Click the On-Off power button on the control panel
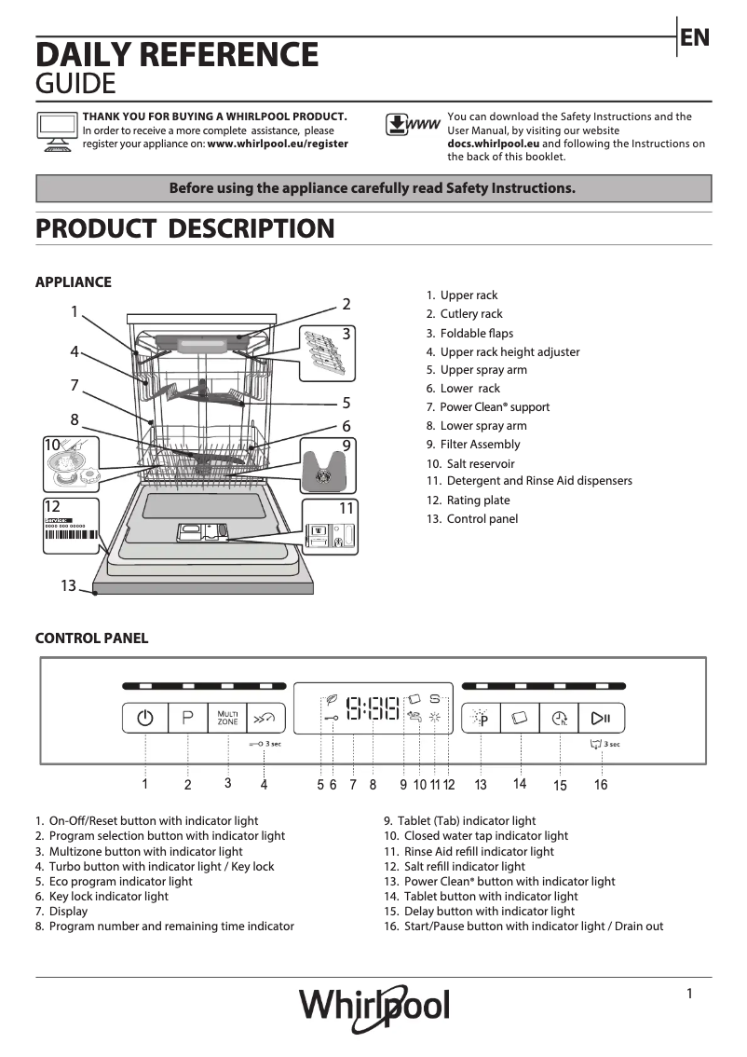point(144,718)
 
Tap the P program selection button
point(187,718)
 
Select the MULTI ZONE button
point(227,718)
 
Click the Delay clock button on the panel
point(559,718)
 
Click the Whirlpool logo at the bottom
point(373,1006)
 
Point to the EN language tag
point(695,37)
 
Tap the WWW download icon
point(412,125)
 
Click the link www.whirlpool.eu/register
point(278,144)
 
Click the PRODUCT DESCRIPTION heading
point(184,228)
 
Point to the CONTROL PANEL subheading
point(91,638)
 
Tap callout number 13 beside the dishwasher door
point(68,585)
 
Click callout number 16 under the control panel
point(601,785)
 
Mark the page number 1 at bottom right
point(689,994)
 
